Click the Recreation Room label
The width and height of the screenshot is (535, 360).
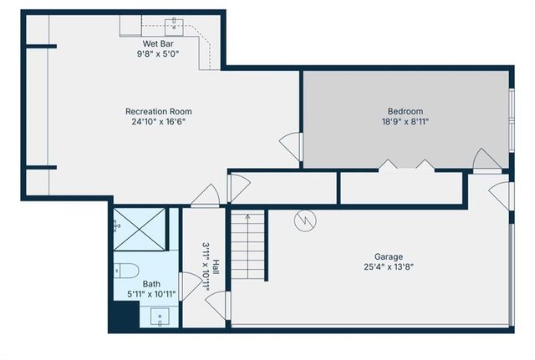158,111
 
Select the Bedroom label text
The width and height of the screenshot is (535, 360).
405,111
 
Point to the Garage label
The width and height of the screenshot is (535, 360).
388,256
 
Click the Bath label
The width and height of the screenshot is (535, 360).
151,284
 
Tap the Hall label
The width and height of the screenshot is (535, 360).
217,267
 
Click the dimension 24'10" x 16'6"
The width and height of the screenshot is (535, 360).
158,122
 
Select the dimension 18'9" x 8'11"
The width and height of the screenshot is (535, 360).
405,122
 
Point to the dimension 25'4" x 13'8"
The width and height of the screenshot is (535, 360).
388,267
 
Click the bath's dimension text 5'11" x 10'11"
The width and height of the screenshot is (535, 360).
151,294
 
